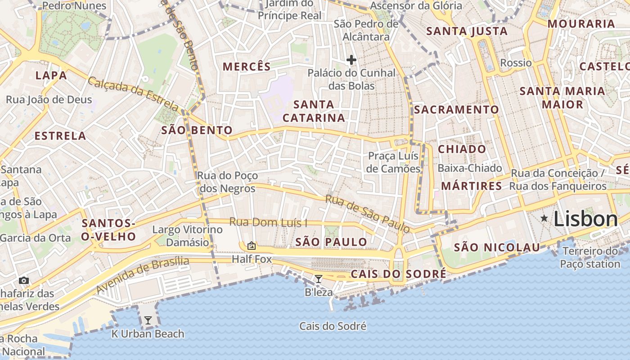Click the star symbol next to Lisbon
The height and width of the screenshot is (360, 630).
point(544,219)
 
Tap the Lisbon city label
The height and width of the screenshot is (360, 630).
point(585,219)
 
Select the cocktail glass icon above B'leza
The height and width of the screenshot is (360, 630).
point(319,279)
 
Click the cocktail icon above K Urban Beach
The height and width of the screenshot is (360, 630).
point(148,320)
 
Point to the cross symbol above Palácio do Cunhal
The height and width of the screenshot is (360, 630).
point(351,60)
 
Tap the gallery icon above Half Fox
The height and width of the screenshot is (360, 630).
point(252,246)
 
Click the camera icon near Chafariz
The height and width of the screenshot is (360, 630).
point(24,281)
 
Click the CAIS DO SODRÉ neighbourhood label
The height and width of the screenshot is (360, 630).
point(398,274)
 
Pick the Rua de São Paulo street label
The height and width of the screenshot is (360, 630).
point(368,214)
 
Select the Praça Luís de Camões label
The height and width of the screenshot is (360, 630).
point(394,162)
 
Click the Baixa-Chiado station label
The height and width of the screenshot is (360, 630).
point(469,168)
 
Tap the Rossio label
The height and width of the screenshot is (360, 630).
point(516,63)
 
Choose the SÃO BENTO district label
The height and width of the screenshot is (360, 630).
point(197,130)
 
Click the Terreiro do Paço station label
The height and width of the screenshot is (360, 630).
point(590,257)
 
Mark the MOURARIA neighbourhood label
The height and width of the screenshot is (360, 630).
point(581,24)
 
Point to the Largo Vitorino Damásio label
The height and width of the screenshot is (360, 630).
point(187,236)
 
